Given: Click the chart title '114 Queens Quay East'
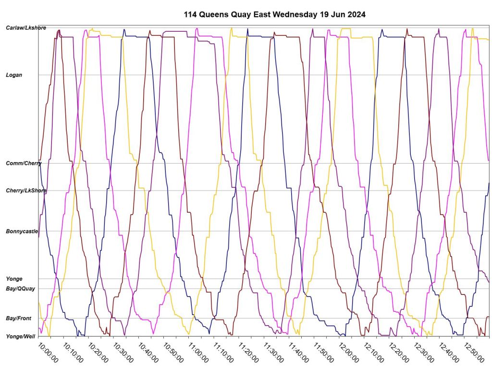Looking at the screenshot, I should pyautogui.click(x=227, y=14).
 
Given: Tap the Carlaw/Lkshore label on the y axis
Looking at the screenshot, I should pyautogui.click(x=26, y=28).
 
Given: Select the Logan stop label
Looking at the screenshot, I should pyautogui.click(x=14, y=75).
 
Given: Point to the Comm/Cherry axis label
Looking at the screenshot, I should pyautogui.click(x=24, y=164).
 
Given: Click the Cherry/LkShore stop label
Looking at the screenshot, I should pyautogui.click(x=26, y=191).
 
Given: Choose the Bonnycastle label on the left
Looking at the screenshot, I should pyautogui.click(x=22, y=232).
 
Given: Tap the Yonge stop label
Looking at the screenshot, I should pyautogui.click(x=14, y=279).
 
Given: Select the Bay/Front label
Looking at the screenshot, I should pyautogui.click(x=18, y=318).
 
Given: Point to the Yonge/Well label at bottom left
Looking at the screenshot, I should pyautogui.click(x=20, y=336).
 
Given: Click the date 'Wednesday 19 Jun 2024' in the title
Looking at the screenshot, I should pyautogui.click(x=319, y=14).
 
